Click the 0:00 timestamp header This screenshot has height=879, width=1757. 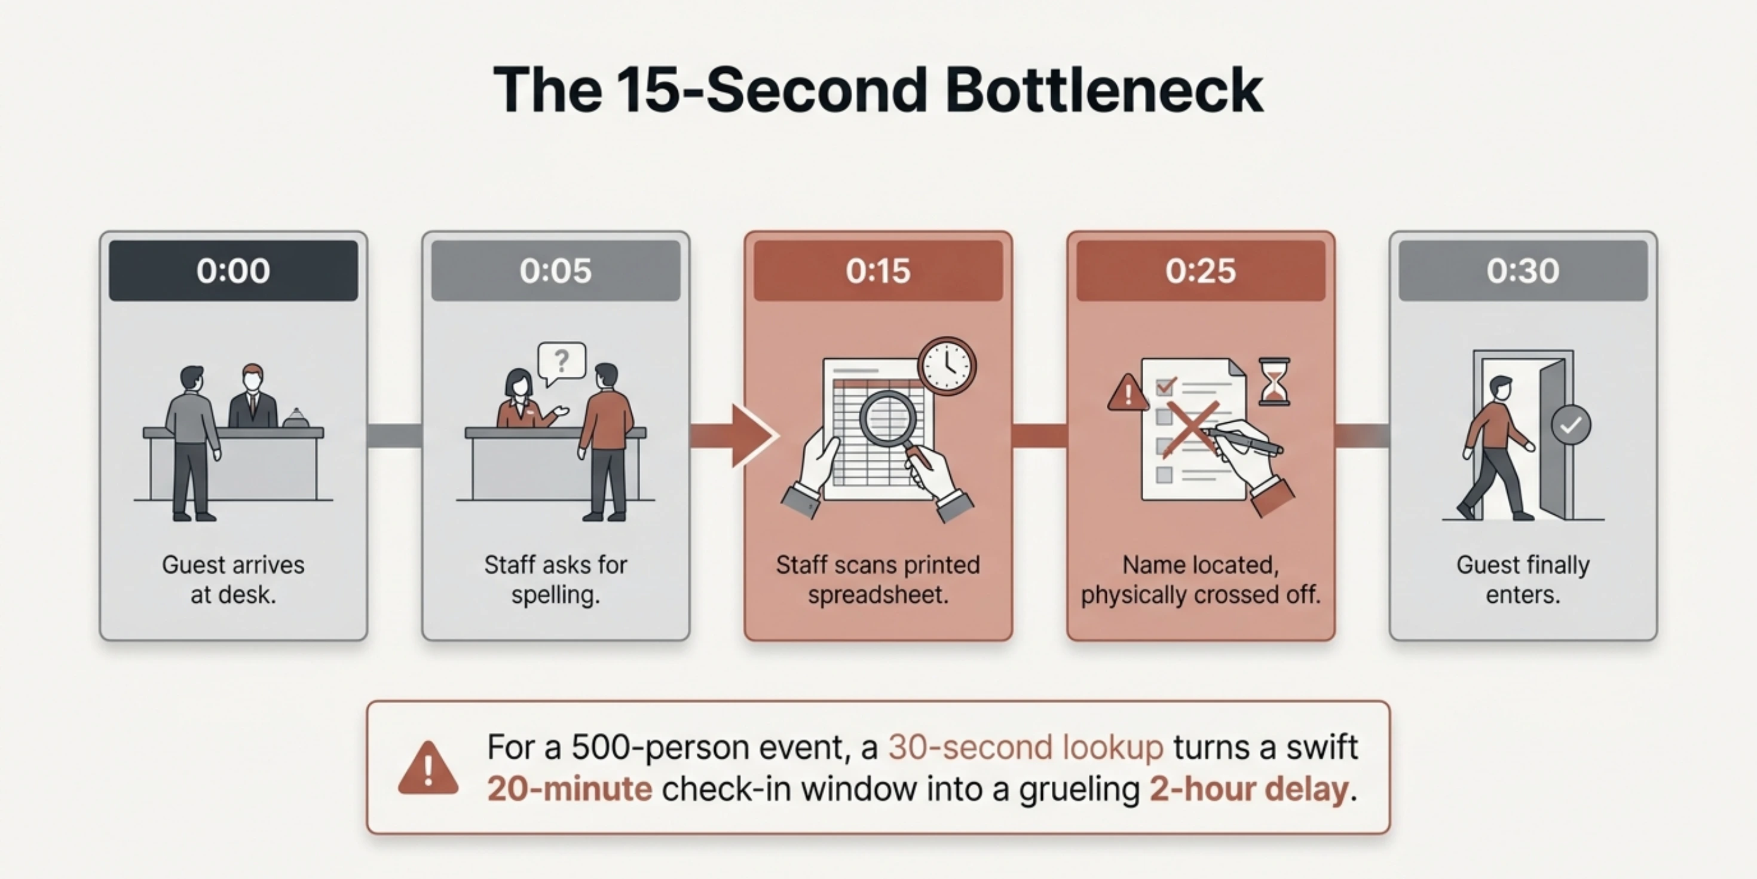[x=233, y=270]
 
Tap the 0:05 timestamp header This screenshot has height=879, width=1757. [x=555, y=270]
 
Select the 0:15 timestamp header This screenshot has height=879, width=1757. [x=878, y=270]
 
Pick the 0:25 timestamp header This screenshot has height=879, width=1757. [x=1201, y=270]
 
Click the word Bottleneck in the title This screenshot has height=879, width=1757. [x=1104, y=90]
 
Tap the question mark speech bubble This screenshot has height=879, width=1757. [x=561, y=361]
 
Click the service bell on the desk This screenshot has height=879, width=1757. [x=296, y=417]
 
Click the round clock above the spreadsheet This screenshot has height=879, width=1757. [x=947, y=367]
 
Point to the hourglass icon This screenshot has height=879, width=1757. [x=1274, y=381]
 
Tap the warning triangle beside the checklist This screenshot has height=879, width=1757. [x=1128, y=393]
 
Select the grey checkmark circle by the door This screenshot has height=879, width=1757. [x=1571, y=425]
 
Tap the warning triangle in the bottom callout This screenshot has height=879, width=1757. [x=428, y=769]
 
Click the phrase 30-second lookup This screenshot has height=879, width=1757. [x=1025, y=747]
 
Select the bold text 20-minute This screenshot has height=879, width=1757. [x=570, y=789]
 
